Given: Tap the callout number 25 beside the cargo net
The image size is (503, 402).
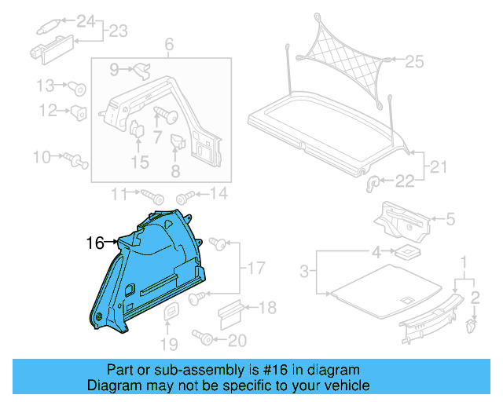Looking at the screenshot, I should [413, 60].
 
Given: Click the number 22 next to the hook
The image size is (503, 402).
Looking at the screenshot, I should [404, 182].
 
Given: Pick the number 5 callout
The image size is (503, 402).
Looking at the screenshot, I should [450, 221].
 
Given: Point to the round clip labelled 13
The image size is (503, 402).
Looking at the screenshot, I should [78, 87].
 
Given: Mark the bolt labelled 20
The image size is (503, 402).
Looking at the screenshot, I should [202, 339].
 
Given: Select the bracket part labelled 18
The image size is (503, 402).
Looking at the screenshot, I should [230, 312].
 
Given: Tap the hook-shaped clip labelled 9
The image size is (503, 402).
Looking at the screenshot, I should [141, 72].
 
